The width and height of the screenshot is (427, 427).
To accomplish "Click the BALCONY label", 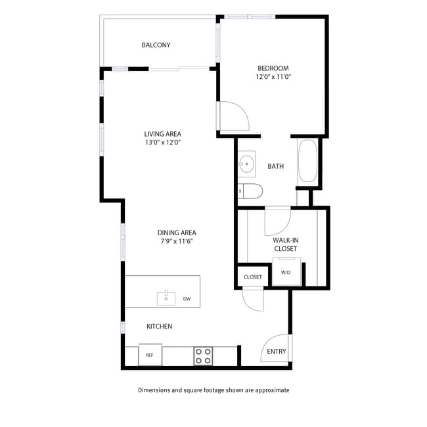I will click(x=156, y=45).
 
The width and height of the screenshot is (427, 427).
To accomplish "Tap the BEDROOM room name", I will click(x=273, y=68).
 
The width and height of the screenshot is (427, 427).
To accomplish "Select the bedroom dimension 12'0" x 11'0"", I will click(x=273, y=77).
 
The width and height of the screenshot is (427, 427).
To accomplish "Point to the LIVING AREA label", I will click(x=162, y=134).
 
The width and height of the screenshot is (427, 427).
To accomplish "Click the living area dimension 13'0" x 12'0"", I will click(x=162, y=143).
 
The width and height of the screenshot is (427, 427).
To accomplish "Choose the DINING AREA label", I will click(x=176, y=233).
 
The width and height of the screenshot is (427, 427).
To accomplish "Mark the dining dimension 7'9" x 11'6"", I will click(x=176, y=241).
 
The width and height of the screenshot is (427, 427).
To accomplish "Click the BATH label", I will click(x=275, y=166).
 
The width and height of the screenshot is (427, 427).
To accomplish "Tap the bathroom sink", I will click(x=248, y=164).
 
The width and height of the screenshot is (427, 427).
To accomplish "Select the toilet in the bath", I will click(x=251, y=191).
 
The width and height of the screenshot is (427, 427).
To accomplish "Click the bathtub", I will click(x=307, y=162).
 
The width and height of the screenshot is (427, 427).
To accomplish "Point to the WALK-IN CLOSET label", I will click(x=285, y=244).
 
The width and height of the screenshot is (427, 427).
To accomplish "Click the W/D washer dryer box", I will click(x=286, y=272).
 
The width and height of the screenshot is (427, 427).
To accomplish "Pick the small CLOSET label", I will click(x=253, y=277).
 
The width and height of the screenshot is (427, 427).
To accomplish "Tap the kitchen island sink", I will click(x=166, y=298).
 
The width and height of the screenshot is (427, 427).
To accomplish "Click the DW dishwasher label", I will click(x=187, y=299).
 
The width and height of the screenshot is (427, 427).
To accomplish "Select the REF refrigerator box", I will click(x=150, y=355).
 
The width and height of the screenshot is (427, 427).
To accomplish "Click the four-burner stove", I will click(x=203, y=356).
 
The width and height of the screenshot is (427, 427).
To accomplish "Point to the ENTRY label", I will click(x=277, y=351).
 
